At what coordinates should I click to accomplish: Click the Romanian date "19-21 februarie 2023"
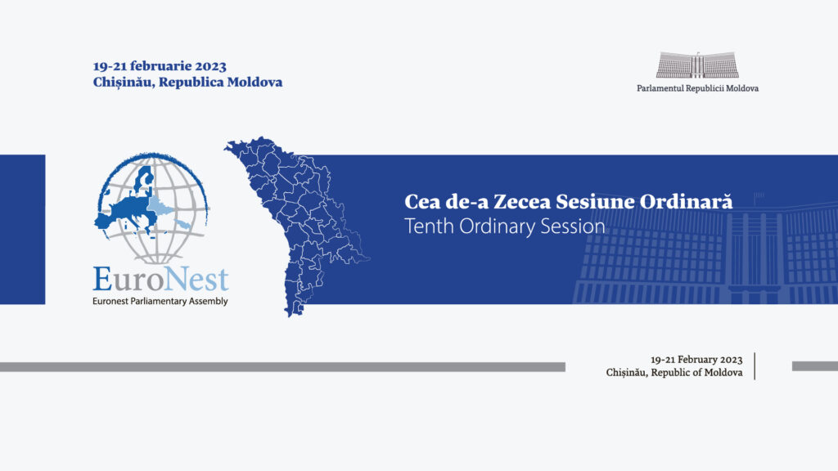pyautogui.click(x=160, y=66)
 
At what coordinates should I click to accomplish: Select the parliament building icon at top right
pyautogui.click(x=697, y=65)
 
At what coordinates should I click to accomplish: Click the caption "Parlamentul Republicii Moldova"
pyautogui.click(x=697, y=87)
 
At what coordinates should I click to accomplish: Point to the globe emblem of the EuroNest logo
pyautogui.click(x=152, y=209)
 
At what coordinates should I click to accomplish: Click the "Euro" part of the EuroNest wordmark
pyautogui.click(x=124, y=279)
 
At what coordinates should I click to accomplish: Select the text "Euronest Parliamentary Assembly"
pyautogui.click(x=160, y=301)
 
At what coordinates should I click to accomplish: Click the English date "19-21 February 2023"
pyautogui.click(x=696, y=359)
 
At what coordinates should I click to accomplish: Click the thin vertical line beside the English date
pyautogui.click(x=755, y=366)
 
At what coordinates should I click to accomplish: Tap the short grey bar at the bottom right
pyautogui.click(x=814, y=366)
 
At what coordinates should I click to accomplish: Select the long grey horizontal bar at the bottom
pyautogui.click(x=282, y=367)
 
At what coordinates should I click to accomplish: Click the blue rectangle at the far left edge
pyautogui.click(x=22, y=229)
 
